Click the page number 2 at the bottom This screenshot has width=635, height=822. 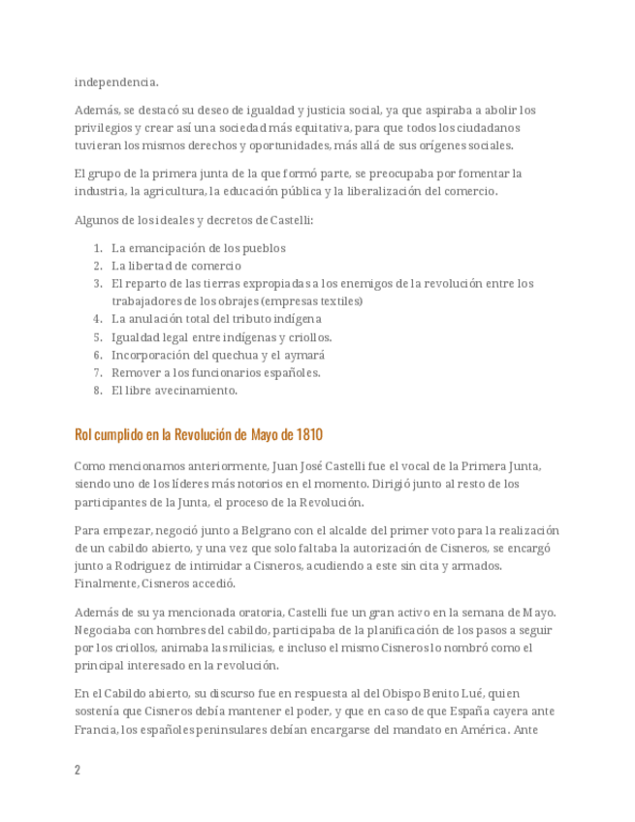(x=78, y=770)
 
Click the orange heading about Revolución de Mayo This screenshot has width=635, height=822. (x=199, y=433)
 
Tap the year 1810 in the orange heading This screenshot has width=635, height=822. (x=309, y=433)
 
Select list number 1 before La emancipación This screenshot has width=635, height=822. (x=98, y=248)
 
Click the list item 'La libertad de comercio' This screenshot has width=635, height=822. (x=176, y=266)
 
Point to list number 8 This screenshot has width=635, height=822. (x=98, y=391)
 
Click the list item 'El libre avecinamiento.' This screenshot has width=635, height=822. (x=175, y=391)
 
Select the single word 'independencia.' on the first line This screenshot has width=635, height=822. (x=116, y=81)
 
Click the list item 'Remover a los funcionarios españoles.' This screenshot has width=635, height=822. (x=216, y=372)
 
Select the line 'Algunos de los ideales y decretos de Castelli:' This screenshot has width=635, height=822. (x=194, y=220)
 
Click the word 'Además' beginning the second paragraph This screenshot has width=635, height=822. (x=95, y=111)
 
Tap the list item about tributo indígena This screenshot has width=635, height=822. (x=216, y=319)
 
